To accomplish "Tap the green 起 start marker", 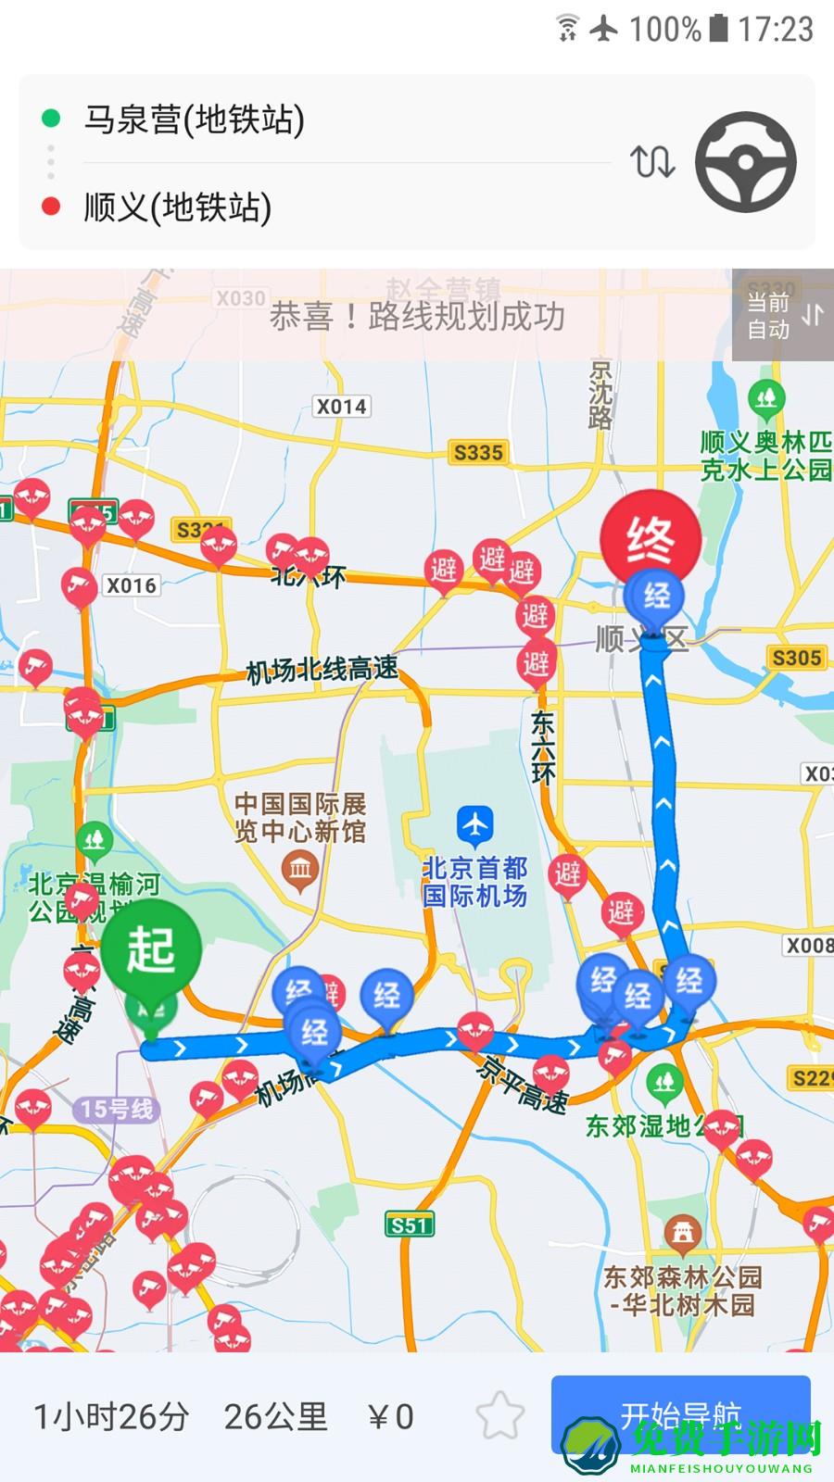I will pos(150,950).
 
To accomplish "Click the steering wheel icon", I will pos(746,162).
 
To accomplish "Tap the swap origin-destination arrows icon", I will pos(652,162).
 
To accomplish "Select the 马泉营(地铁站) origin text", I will pos(195,119).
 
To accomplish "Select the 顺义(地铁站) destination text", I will pos(178,207).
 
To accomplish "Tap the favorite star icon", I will pos(500,1415).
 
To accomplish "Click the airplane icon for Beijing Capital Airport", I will pos(475,823).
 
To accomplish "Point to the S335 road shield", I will pos(478,453).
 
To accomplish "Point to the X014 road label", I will pos(341,407).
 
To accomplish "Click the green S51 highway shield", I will pos(409,1225).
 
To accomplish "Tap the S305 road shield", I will pos(797,658).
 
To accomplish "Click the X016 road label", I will pos(132,585).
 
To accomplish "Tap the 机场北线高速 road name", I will pos(322,670).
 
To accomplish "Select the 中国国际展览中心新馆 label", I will pos(299,817).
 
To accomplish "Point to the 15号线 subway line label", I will pos(117,1109).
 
